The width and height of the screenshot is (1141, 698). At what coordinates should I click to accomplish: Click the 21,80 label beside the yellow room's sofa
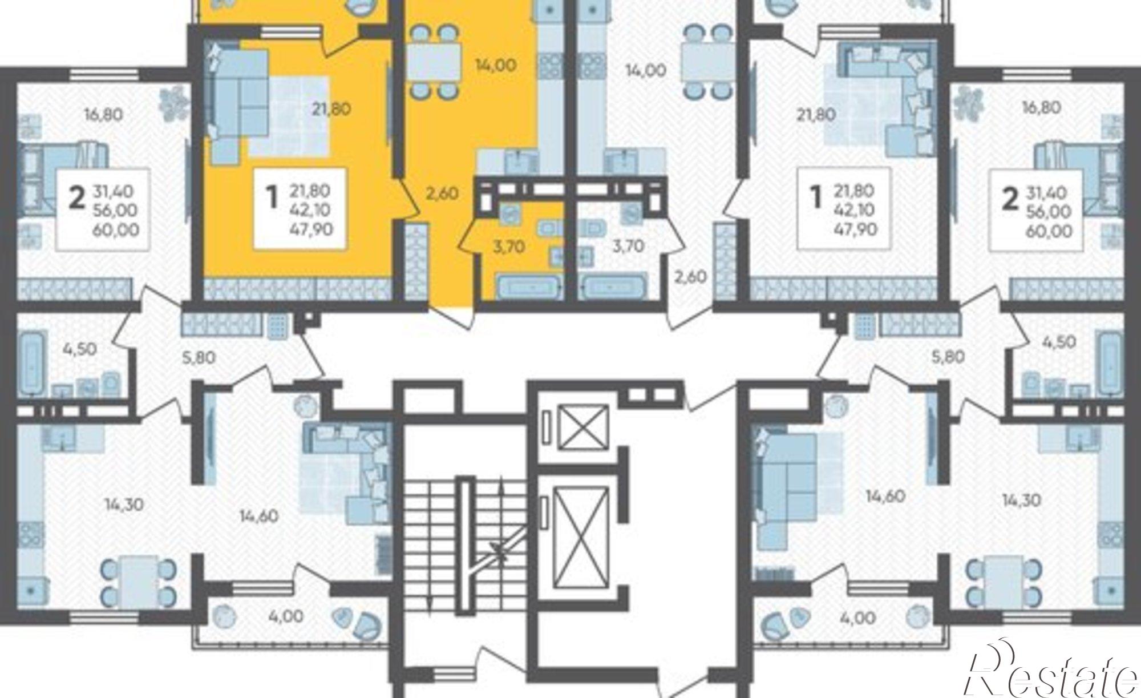coord(331,108)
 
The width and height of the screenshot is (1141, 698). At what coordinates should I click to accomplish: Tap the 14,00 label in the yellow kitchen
coord(496,65)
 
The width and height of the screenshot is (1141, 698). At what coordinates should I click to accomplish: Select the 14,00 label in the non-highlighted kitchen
coord(646,71)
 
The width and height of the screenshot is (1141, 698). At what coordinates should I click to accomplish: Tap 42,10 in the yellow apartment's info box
coord(310,209)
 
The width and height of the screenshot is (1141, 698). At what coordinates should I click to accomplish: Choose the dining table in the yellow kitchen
coord(434,62)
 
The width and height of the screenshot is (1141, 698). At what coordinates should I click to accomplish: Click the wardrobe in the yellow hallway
coord(416,262)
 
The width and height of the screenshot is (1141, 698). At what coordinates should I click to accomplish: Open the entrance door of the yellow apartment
coord(451,317)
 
